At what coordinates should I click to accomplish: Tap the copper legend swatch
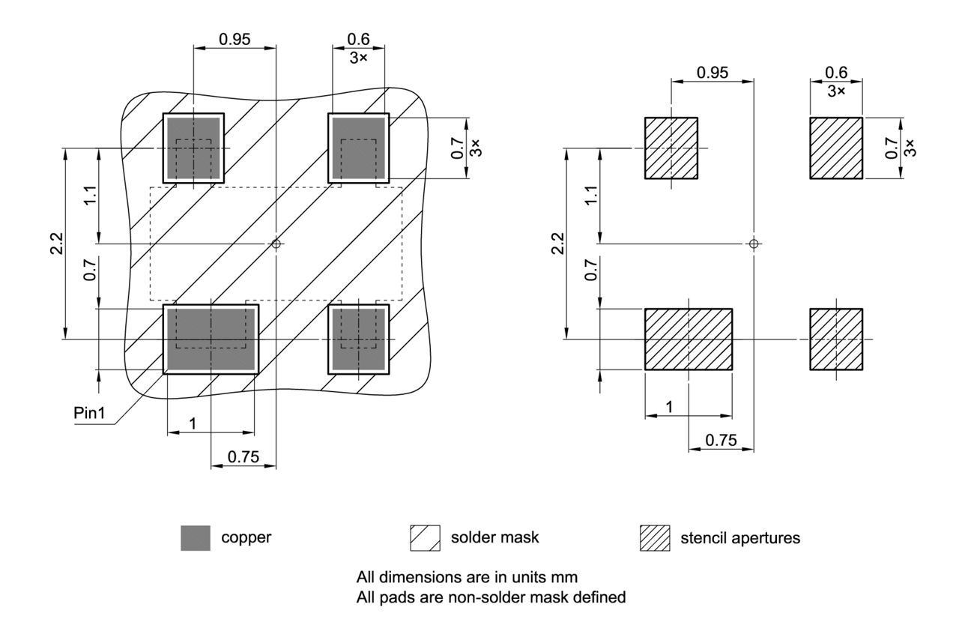pyautogui.click(x=196, y=538)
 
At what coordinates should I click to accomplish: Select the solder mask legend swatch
pyautogui.click(x=424, y=538)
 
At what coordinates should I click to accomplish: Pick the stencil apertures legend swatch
pyautogui.click(x=654, y=538)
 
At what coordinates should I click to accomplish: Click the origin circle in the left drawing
pyautogui.click(x=276, y=244)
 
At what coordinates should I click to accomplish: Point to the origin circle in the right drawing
pyautogui.click(x=754, y=244)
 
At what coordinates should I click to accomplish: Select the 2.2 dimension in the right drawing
pyautogui.click(x=557, y=244)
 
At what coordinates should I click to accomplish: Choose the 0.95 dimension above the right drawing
pyautogui.click(x=712, y=73)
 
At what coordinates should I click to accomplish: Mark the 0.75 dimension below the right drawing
pyautogui.click(x=721, y=441)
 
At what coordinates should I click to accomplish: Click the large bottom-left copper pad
pyautogui.click(x=211, y=339)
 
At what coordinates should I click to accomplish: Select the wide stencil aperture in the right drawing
pyautogui.click(x=688, y=339)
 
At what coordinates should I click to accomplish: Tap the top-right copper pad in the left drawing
pyautogui.click(x=359, y=147)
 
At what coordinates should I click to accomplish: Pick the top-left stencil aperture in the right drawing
pyautogui.click(x=671, y=148)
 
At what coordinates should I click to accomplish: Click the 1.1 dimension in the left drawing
pyautogui.click(x=89, y=196)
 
